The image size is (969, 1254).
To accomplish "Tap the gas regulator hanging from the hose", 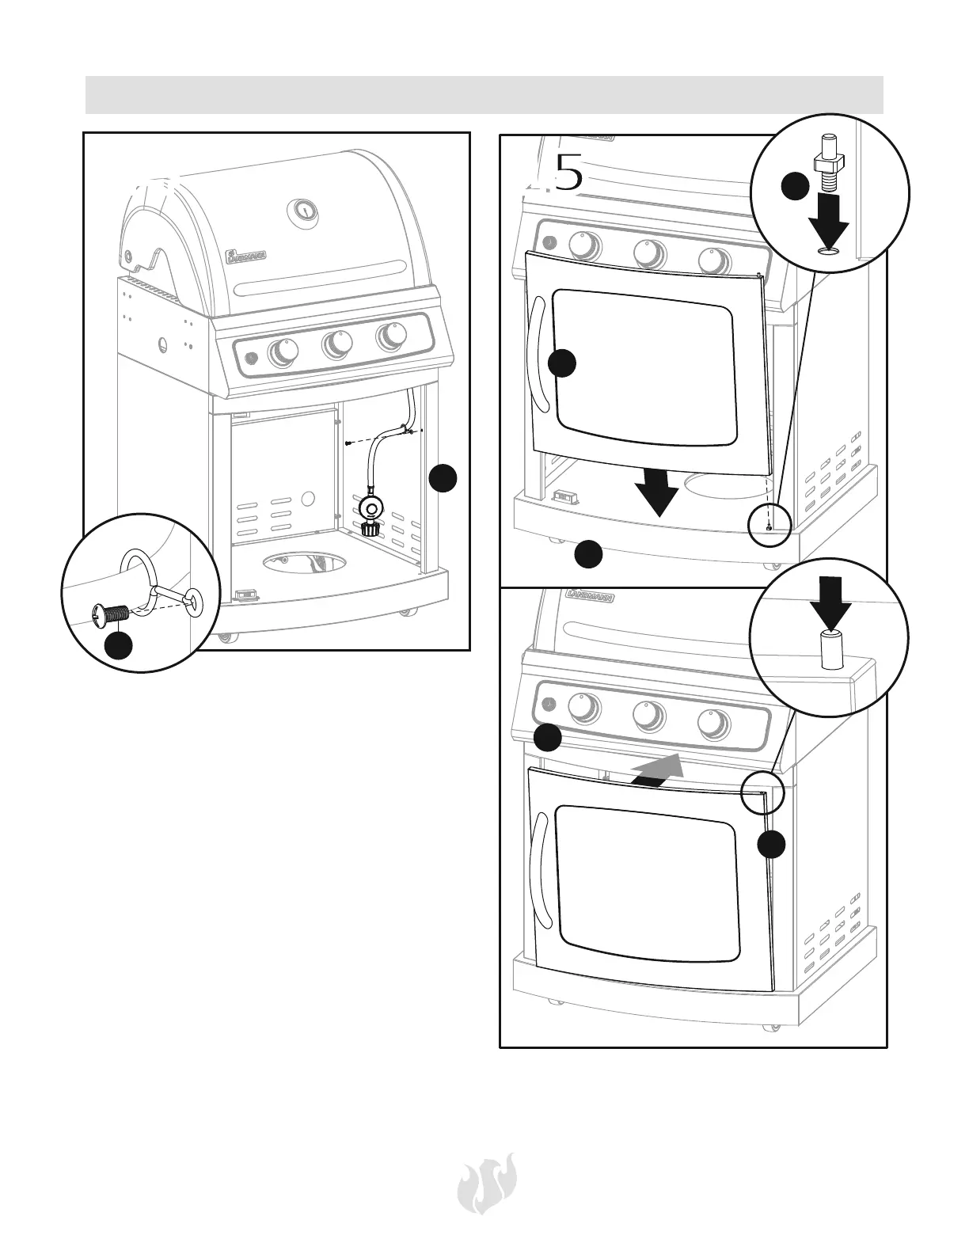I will pos(367,511).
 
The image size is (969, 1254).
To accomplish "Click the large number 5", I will pos(568,173).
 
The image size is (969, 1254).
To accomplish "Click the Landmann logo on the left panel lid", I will pos(247,253).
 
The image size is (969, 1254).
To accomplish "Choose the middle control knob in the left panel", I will pos(336,344).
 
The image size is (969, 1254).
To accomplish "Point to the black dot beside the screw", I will pos(119,645).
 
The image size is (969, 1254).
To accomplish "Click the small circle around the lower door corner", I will pos(762,792).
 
